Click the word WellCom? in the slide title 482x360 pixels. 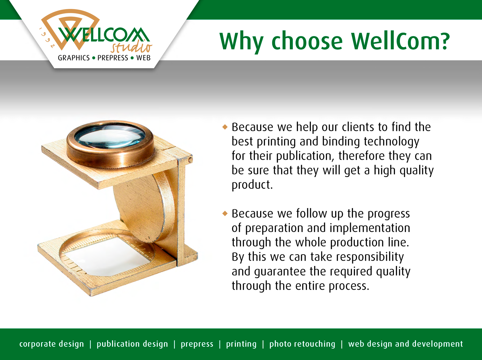(400, 41)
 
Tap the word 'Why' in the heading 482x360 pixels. (241, 43)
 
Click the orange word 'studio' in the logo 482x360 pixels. (131, 47)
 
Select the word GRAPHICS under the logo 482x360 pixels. (74, 58)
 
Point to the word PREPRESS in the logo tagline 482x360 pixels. (113, 58)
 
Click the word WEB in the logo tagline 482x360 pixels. (143, 58)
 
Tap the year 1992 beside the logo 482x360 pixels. (46, 38)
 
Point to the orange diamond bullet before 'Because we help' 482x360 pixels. (225, 127)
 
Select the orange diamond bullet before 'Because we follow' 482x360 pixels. (225, 213)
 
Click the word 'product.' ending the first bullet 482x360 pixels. (252, 185)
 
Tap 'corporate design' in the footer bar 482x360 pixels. (52, 344)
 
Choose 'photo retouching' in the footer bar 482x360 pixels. (302, 344)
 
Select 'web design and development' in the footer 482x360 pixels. (406, 344)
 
